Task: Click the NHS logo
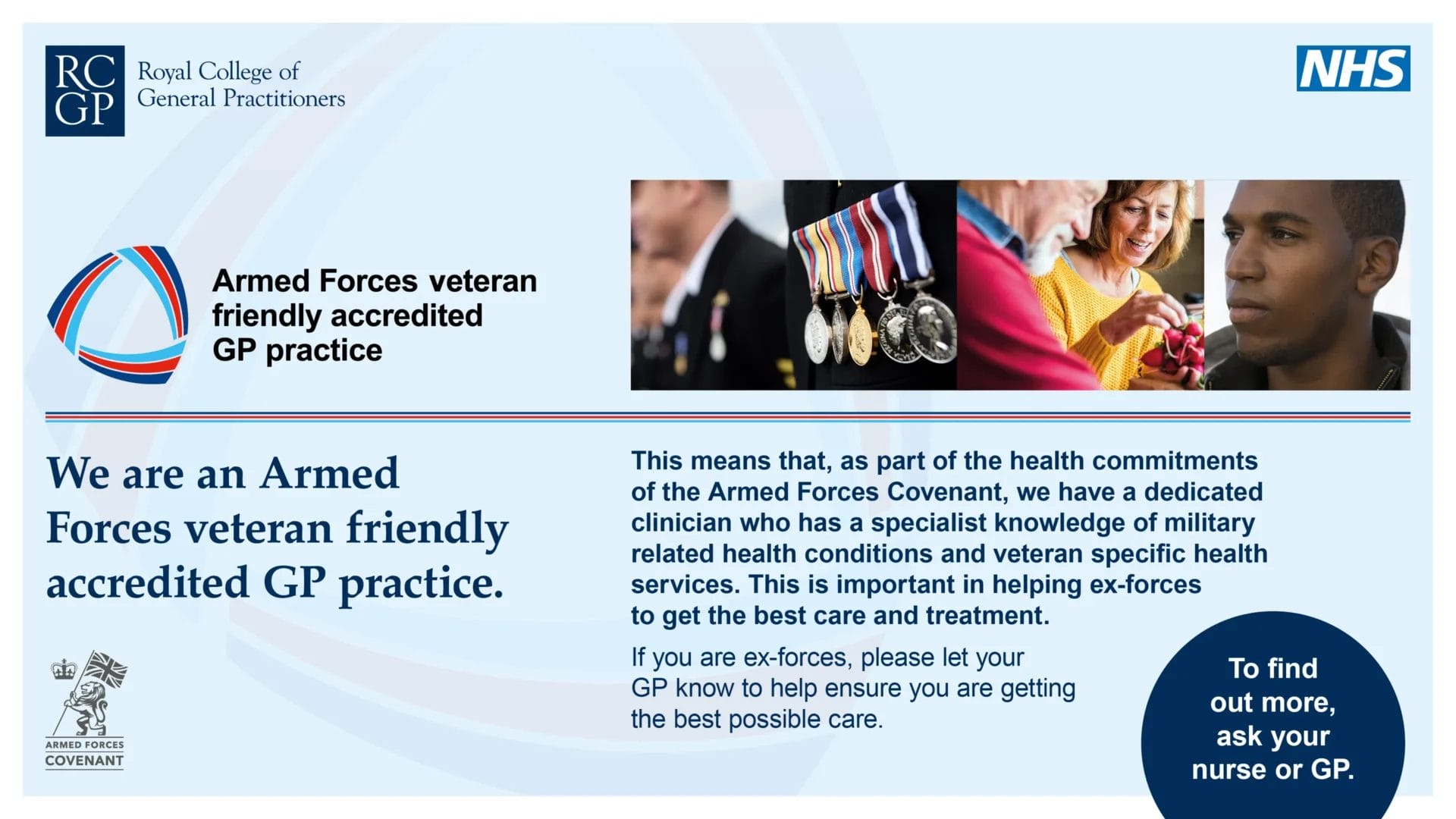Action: [1353, 68]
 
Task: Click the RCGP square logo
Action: [85, 91]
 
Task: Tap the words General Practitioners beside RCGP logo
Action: [241, 99]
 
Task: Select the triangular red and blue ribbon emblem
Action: [118, 315]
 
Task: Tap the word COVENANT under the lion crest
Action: [84, 761]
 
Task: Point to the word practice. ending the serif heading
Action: [421, 584]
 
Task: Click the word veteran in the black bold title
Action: [482, 281]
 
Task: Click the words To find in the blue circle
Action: [1272, 669]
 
